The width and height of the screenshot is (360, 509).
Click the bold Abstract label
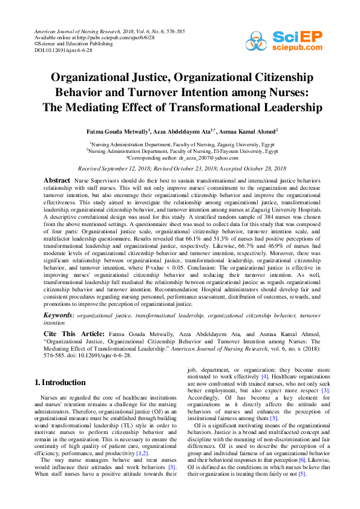57,181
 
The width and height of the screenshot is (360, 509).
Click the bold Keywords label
59,316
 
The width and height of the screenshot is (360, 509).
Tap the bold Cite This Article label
74,334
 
